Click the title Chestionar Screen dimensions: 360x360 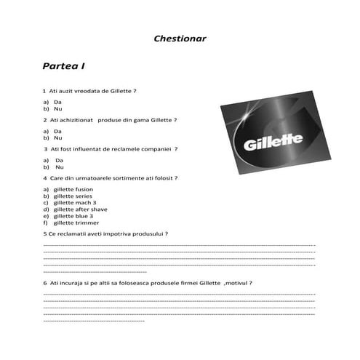180,38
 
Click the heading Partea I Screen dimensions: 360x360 64,66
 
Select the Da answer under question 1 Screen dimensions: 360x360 57,102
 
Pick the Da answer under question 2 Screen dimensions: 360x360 57,131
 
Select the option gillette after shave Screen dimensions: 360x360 81,209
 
